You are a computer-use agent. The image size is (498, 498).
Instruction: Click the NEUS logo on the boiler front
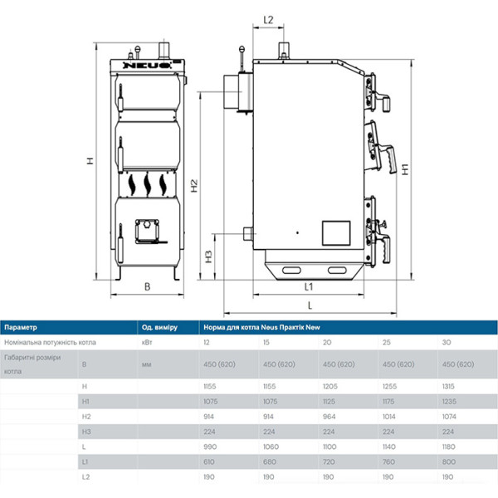[147, 66]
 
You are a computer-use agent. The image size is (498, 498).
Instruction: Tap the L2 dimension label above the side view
[268, 20]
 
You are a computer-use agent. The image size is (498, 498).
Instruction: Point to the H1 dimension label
[405, 169]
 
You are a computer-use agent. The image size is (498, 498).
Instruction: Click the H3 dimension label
[208, 257]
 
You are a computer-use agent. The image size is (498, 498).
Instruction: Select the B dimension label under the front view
[147, 286]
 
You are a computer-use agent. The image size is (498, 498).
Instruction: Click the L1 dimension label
[309, 287]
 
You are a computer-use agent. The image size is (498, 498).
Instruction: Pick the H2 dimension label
[194, 186]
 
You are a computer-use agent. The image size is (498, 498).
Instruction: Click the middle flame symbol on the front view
[147, 184]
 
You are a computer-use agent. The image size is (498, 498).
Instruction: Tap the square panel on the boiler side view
[336, 233]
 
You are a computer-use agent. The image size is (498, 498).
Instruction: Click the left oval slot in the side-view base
[291, 271]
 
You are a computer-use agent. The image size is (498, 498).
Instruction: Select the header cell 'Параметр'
[21, 327]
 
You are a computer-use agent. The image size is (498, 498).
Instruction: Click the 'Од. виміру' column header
[159, 327]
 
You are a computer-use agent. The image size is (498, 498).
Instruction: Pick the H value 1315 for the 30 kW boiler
[448, 386]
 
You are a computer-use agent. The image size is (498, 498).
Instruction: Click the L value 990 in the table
[210, 447]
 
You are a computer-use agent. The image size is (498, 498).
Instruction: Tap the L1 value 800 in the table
[449, 461]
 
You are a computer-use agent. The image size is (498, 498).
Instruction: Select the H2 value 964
[329, 417]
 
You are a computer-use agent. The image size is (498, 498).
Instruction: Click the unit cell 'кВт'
[147, 342]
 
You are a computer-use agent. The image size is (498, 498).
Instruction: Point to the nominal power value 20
[327, 342]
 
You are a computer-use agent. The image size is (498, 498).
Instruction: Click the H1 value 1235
[449, 402]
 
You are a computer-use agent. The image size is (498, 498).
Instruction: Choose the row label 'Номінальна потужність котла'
[50, 342]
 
